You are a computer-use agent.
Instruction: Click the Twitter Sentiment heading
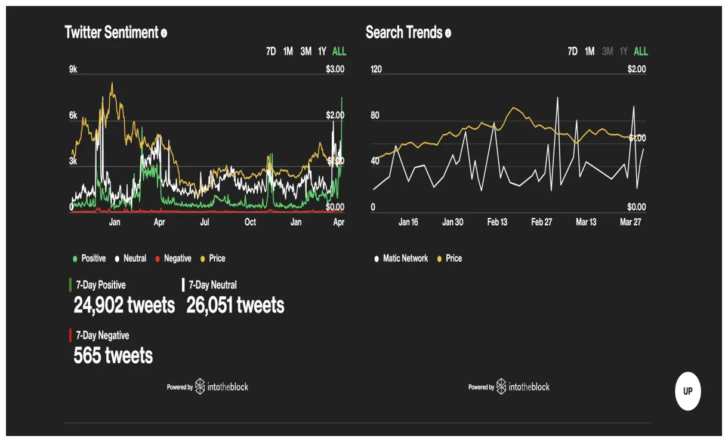tap(112, 32)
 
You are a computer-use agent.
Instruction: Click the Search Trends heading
tap(404, 32)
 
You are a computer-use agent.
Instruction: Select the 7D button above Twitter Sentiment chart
tap(271, 51)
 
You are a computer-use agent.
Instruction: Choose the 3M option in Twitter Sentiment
tap(306, 51)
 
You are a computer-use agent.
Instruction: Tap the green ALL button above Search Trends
tap(640, 51)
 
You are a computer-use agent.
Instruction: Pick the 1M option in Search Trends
tap(590, 51)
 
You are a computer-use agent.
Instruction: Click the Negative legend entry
tap(173, 259)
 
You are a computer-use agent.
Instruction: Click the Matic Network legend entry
tap(401, 259)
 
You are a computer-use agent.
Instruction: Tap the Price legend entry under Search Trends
tap(449, 259)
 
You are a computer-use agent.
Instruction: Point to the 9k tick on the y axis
tap(73, 70)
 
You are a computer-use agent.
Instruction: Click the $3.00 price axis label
tap(335, 69)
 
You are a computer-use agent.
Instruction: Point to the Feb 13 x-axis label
tap(497, 222)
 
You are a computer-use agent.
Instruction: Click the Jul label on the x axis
tap(205, 222)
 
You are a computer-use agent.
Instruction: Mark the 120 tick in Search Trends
tap(376, 69)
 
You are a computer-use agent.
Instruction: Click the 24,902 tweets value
tap(124, 306)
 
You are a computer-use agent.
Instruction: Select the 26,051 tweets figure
tap(235, 306)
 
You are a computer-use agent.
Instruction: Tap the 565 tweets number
tap(113, 356)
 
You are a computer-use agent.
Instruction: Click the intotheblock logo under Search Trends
tap(523, 387)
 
